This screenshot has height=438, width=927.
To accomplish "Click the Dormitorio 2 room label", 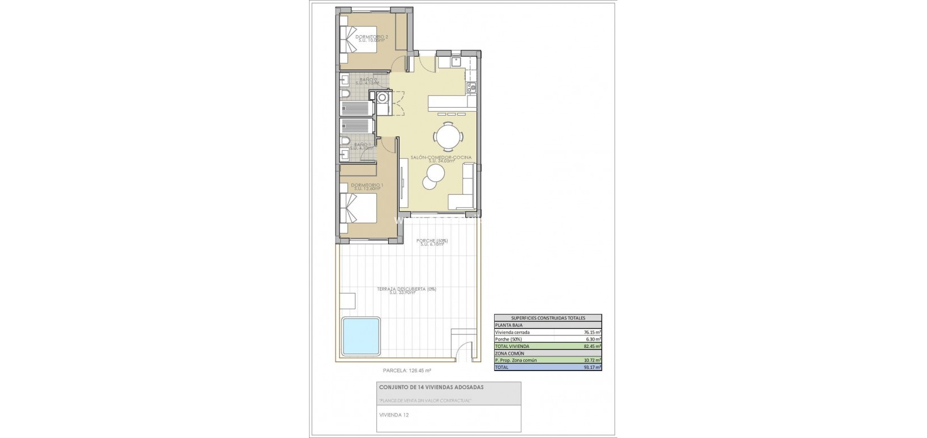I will (372, 38).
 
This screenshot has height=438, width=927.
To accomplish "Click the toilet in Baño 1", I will (345, 142).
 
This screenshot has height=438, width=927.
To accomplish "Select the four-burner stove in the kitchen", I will (470, 88).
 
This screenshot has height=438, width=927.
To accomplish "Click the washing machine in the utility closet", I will (384, 98).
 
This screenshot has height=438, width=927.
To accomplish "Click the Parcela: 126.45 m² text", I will (407, 371).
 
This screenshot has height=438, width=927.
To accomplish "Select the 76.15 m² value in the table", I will (592, 333).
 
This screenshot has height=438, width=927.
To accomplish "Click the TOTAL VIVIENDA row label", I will (512, 346).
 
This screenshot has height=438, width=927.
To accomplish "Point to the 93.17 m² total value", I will (592, 367).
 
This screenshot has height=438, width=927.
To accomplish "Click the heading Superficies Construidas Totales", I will (548, 318).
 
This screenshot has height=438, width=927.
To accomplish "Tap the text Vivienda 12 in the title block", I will (394, 414).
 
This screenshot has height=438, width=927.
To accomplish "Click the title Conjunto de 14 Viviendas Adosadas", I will (431, 388).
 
